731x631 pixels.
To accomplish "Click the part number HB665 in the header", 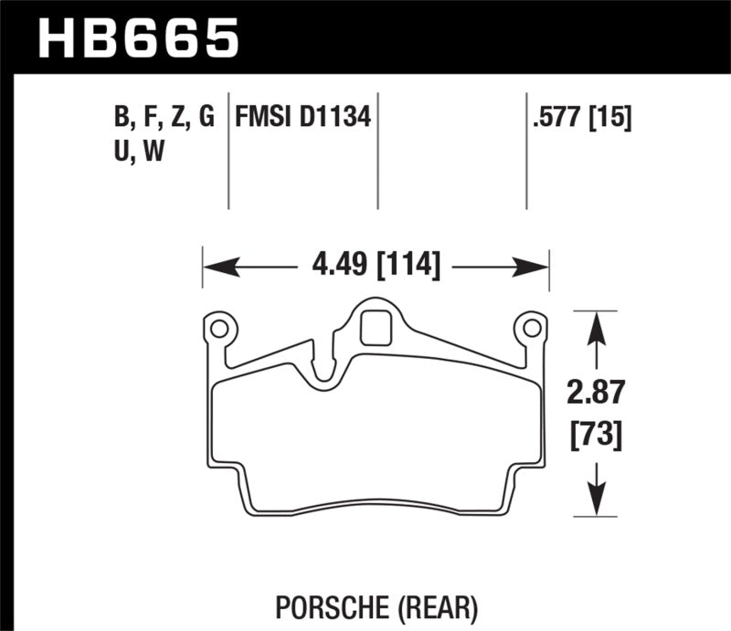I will point(137,37).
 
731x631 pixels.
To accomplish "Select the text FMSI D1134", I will point(302,118).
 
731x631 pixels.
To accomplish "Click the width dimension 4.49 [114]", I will point(376,267).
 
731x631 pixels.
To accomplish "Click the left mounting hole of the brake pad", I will point(218,326).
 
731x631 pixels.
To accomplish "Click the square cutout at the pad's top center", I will point(375,328).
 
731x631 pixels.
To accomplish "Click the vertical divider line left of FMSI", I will point(228,151).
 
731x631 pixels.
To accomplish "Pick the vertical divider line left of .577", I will point(526,151).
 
